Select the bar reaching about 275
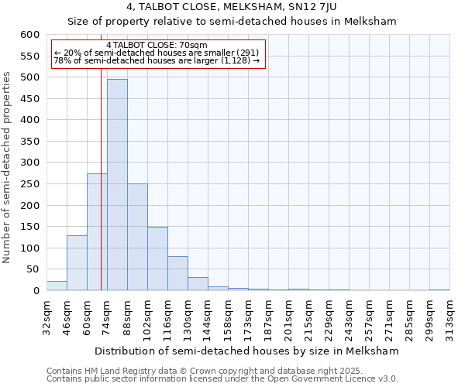tap(97, 232)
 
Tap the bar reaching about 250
tap(137, 237)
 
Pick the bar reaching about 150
tap(157, 259)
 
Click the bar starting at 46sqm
tap(77, 263)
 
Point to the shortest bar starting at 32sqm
tap(57, 286)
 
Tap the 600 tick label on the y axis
tap(29, 35)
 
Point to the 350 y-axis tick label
tap(29, 142)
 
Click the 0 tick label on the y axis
tap(36, 291)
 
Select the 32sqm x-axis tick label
tap(46, 316)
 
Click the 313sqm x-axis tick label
tap(449, 316)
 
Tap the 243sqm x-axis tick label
tap(349, 316)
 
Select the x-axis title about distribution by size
tap(248, 351)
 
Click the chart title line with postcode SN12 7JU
tap(232, 7)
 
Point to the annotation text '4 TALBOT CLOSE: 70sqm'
tap(157, 46)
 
